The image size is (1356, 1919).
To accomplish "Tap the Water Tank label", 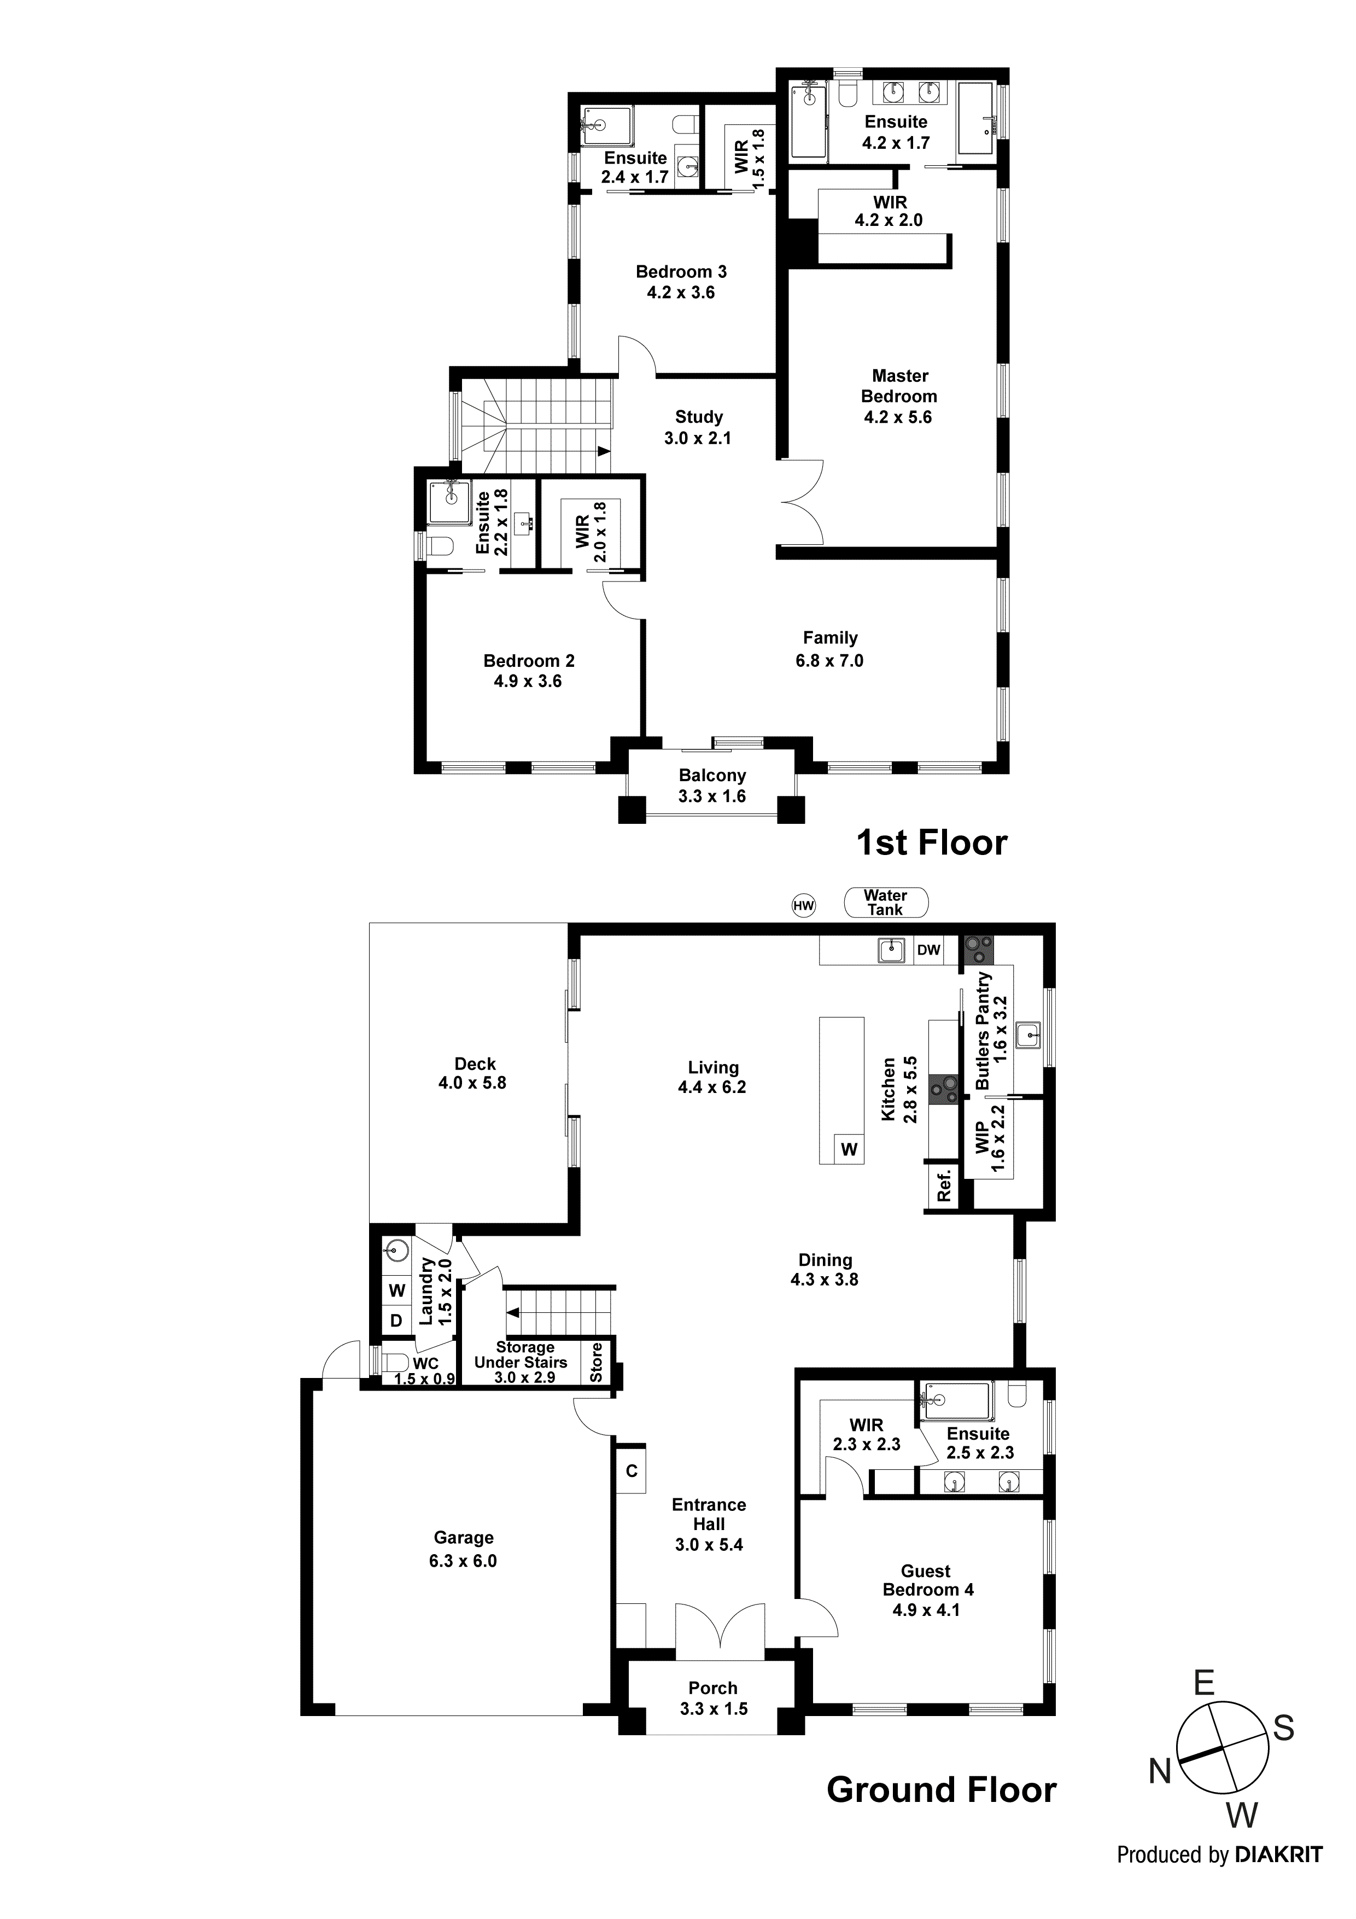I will (x=885, y=902).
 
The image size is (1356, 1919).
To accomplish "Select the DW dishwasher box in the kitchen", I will (x=928, y=950).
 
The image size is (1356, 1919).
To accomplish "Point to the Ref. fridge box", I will (x=943, y=1185).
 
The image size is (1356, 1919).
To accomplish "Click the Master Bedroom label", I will (x=899, y=396).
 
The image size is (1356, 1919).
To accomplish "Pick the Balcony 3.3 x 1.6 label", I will (x=712, y=786).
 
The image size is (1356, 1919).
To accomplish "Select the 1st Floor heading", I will (x=932, y=842).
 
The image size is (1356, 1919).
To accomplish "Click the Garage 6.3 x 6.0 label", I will (x=463, y=1549).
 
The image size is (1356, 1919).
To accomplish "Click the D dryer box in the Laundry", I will (x=396, y=1321).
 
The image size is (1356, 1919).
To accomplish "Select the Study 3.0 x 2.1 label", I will (x=698, y=427).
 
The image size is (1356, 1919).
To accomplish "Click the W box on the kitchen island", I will (x=849, y=1149).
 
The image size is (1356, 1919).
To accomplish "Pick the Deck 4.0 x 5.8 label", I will (x=475, y=1073).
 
